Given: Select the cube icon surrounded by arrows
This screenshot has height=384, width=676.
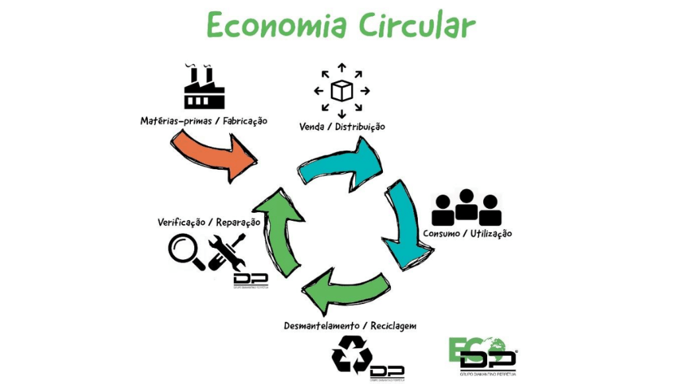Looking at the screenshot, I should [x=341, y=90].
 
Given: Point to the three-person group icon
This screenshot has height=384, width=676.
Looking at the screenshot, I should [x=466, y=208].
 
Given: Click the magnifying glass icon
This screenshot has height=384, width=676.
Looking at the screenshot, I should [x=186, y=252].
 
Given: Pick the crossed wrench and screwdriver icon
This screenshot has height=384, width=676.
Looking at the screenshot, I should [x=226, y=251].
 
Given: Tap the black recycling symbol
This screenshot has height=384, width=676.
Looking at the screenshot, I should [x=351, y=354].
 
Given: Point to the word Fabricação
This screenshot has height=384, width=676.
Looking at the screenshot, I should [x=245, y=121].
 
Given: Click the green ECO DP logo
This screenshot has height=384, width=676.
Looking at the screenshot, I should [x=482, y=354].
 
